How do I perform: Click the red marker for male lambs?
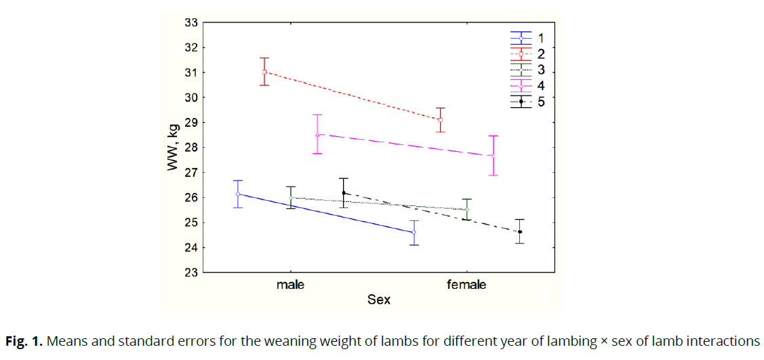(x=264, y=72)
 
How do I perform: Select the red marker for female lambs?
(x=441, y=120)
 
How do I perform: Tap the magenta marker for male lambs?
(x=317, y=134)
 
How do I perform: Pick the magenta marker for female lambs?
(x=494, y=157)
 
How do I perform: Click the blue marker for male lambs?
(x=238, y=194)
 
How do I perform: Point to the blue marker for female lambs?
(x=414, y=233)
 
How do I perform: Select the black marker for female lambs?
(x=520, y=232)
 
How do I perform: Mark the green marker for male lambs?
(x=291, y=198)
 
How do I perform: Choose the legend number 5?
(x=541, y=101)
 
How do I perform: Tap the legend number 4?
(x=541, y=85)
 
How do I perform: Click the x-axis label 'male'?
(x=290, y=285)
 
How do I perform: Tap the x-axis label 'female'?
(x=466, y=285)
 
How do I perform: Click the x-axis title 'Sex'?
(x=379, y=299)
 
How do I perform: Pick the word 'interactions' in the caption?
(x=723, y=341)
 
